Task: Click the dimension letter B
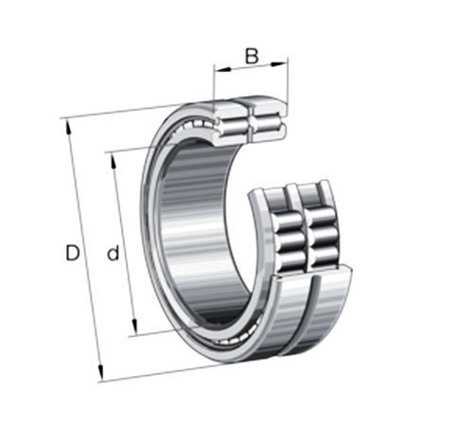pos(252,56)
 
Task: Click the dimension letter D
pos(72,253)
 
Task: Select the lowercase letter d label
pos(114,252)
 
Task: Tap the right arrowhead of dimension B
pos(279,64)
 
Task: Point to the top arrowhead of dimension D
pos(68,128)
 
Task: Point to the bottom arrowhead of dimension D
pos(100,372)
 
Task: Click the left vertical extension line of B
pos(214,82)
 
